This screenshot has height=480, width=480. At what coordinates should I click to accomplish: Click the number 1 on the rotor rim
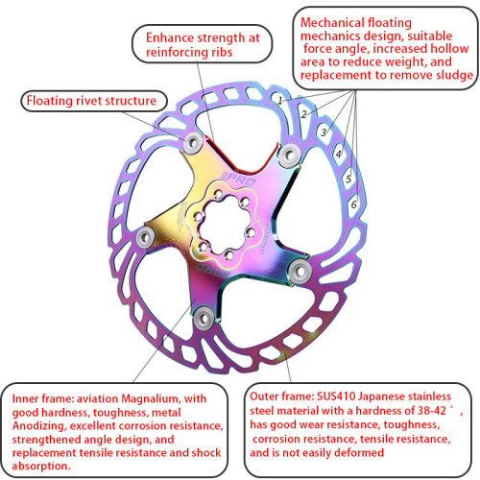pos(280,101)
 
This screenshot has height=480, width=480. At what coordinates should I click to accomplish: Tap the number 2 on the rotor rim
pos(304,114)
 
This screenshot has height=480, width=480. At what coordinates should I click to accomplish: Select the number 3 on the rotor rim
pos(324,132)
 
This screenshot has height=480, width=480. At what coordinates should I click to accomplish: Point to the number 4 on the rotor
pos(339,154)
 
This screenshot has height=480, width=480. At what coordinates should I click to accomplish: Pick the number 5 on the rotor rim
pos(348,179)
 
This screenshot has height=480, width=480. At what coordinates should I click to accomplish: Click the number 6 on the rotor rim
pos(354,204)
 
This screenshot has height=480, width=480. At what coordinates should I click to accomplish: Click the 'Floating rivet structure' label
pos(91,101)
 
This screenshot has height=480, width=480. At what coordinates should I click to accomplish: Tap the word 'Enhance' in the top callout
pos(170,37)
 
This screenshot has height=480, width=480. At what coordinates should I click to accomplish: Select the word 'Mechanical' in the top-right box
pos(332,23)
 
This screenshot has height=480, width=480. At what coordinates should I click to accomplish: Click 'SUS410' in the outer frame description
pos(336,396)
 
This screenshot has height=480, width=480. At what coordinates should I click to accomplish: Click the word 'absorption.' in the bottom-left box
pos(41,466)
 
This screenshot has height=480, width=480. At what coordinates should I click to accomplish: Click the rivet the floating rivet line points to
pos(193,143)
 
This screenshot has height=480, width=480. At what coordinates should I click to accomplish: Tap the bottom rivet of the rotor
pos(204,318)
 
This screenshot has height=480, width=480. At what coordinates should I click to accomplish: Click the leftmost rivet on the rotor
pos(146,237)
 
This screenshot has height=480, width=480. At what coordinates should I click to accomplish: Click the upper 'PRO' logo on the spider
pos(240,180)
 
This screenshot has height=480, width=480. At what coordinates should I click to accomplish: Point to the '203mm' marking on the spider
pos(266,237)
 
